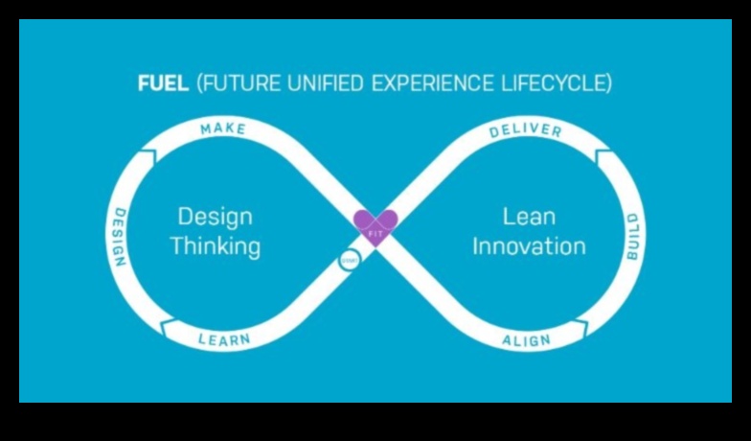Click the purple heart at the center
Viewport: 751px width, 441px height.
click(375, 226)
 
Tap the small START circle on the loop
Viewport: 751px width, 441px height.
click(349, 259)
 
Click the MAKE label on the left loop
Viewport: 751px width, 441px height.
click(223, 128)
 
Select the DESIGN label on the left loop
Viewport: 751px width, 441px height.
click(119, 237)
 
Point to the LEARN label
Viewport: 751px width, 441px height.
click(224, 339)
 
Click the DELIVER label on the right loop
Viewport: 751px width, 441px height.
click(525, 129)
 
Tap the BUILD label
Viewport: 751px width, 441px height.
click(632, 237)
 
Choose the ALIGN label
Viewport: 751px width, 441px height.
click(527, 340)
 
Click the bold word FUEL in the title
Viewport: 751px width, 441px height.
click(163, 82)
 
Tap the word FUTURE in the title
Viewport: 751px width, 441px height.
click(236, 82)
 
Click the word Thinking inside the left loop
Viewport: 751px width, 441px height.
click(216, 245)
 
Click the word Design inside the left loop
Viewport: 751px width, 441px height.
click(216, 216)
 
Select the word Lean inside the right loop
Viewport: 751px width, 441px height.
click(529, 216)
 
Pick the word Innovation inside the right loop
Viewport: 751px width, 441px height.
click(529, 245)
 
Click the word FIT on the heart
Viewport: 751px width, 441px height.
click(375, 233)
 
